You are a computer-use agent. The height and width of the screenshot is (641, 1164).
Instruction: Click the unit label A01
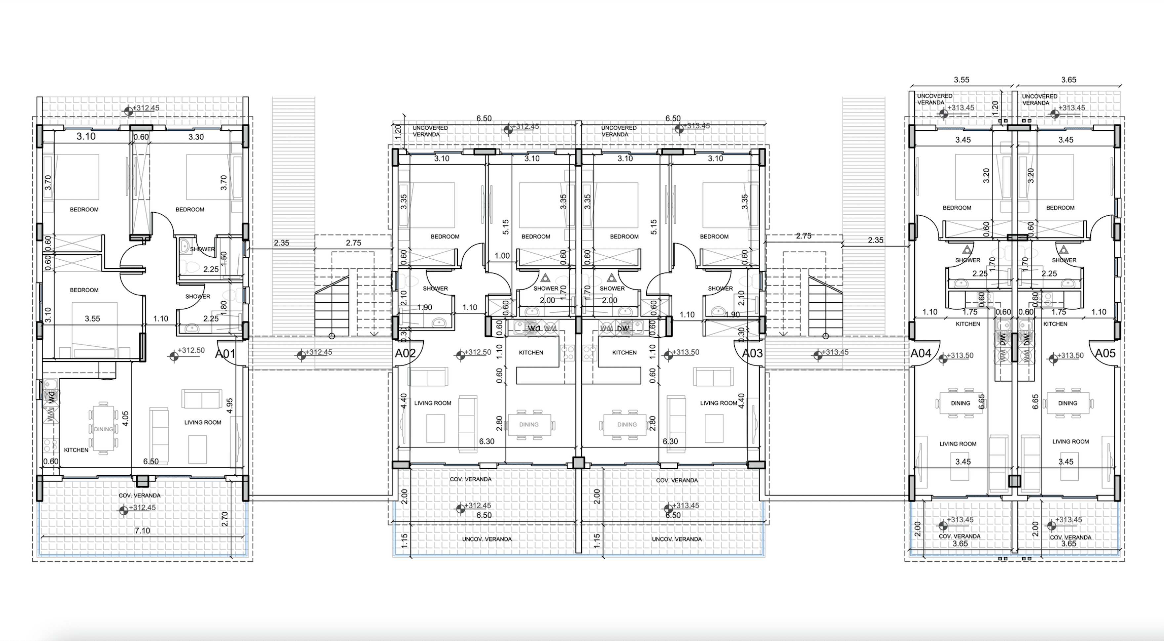coord(225,354)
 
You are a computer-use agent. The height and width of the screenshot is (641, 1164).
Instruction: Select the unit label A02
coord(405,354)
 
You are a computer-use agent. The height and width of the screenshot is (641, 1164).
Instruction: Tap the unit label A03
coord(752,354)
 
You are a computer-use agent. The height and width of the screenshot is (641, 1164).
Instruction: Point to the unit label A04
coord(920,354)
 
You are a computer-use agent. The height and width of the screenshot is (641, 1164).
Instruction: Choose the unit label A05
coord(1105,354)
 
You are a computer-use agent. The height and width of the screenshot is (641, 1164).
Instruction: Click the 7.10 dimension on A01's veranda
coord(142,531)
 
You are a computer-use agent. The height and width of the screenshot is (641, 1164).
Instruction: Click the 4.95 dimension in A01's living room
coord(229,406)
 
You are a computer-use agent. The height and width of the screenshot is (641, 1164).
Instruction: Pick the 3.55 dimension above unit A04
coord(962,80)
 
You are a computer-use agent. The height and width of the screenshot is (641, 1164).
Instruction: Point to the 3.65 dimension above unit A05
coord(1069,80)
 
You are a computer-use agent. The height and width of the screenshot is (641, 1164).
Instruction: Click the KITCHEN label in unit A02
coord(531,353)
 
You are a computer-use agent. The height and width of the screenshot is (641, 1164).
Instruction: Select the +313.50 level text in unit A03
coord(686,352)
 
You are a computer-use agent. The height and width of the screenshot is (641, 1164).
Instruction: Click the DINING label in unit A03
coord(627,424)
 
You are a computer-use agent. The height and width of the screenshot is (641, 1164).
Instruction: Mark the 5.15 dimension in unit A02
coord(505,227)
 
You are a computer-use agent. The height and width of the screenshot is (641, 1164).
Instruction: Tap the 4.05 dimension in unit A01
coord(125,418)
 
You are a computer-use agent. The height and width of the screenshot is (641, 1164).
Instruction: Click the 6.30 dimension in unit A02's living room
coord(487,441)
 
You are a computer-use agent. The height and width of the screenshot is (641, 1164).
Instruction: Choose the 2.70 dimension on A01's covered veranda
coord(225,519)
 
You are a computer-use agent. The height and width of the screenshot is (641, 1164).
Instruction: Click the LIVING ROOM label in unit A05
coord(1070,442)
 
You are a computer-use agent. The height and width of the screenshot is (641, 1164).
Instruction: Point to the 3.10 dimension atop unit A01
coord(86,137)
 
